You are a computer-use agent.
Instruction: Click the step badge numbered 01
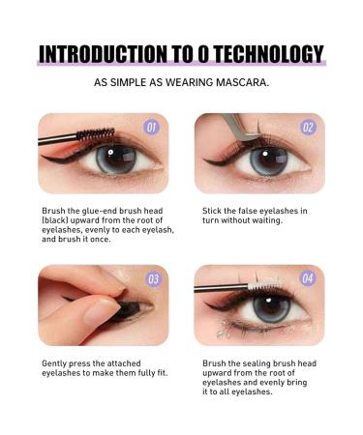(x=150, y=128)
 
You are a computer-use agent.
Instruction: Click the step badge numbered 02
(x=308, y=128)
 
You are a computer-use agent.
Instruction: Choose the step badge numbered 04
(x=308, y=279)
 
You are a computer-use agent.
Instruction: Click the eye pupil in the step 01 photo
(x=114, y=158)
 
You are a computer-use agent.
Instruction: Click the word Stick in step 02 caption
(x=212, y=210)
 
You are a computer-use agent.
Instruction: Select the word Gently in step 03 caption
(x=56, y=363)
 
